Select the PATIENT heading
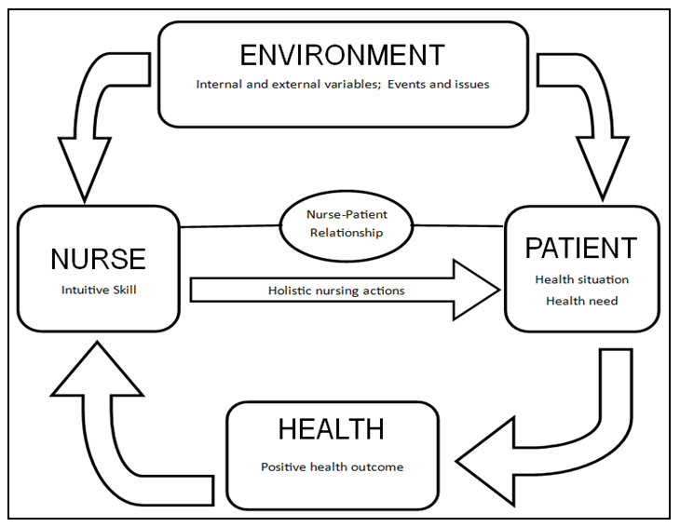pos(581,249)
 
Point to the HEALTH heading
pos(331,429)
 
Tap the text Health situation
pos(581,279)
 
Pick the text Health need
pos(581,300)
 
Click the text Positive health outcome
pos(332,466)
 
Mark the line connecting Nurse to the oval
pos(230,225)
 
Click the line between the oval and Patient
pos(458,225)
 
